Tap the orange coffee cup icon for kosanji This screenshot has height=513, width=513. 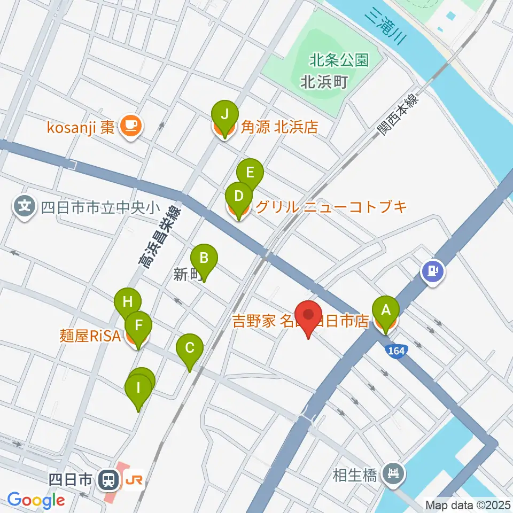click(x=130, y=126)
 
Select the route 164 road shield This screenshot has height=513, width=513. click(x=395, y=350)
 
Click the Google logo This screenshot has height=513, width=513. click(x=36, y=500)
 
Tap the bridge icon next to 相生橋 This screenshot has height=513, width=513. click(x=395, y=473)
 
